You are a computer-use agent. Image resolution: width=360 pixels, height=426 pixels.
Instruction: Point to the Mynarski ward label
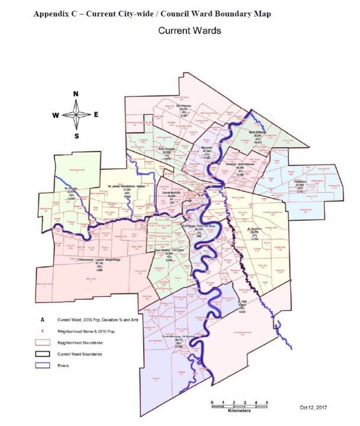pyautogui.click(x=207, y=148)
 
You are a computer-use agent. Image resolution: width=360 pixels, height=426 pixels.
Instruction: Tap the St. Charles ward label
pyautogui.click(x=73, y=189)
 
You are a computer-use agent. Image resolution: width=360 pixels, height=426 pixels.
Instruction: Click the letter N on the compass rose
pyautogui.click(x=76, y=94)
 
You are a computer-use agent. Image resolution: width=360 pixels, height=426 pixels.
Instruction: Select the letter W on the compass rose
pyautogui.click(x=56, y=115)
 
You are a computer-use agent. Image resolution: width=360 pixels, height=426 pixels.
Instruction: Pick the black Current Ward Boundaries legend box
pyautogui.click(x=43, y=353)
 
